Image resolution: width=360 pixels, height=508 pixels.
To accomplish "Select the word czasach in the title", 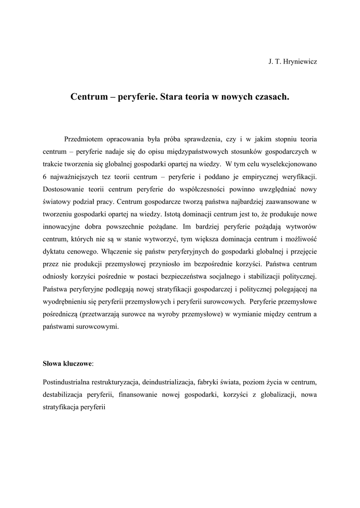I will pyautogui.click(x=271, y=98).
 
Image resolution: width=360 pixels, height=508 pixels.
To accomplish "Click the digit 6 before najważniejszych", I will pyautogui.click(x=44, y=177).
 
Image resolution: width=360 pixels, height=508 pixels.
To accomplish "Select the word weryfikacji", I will pyautogui.click(x=297, y=177).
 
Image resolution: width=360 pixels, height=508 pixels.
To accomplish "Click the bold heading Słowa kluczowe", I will pyautogui.click(x=67, y=364).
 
